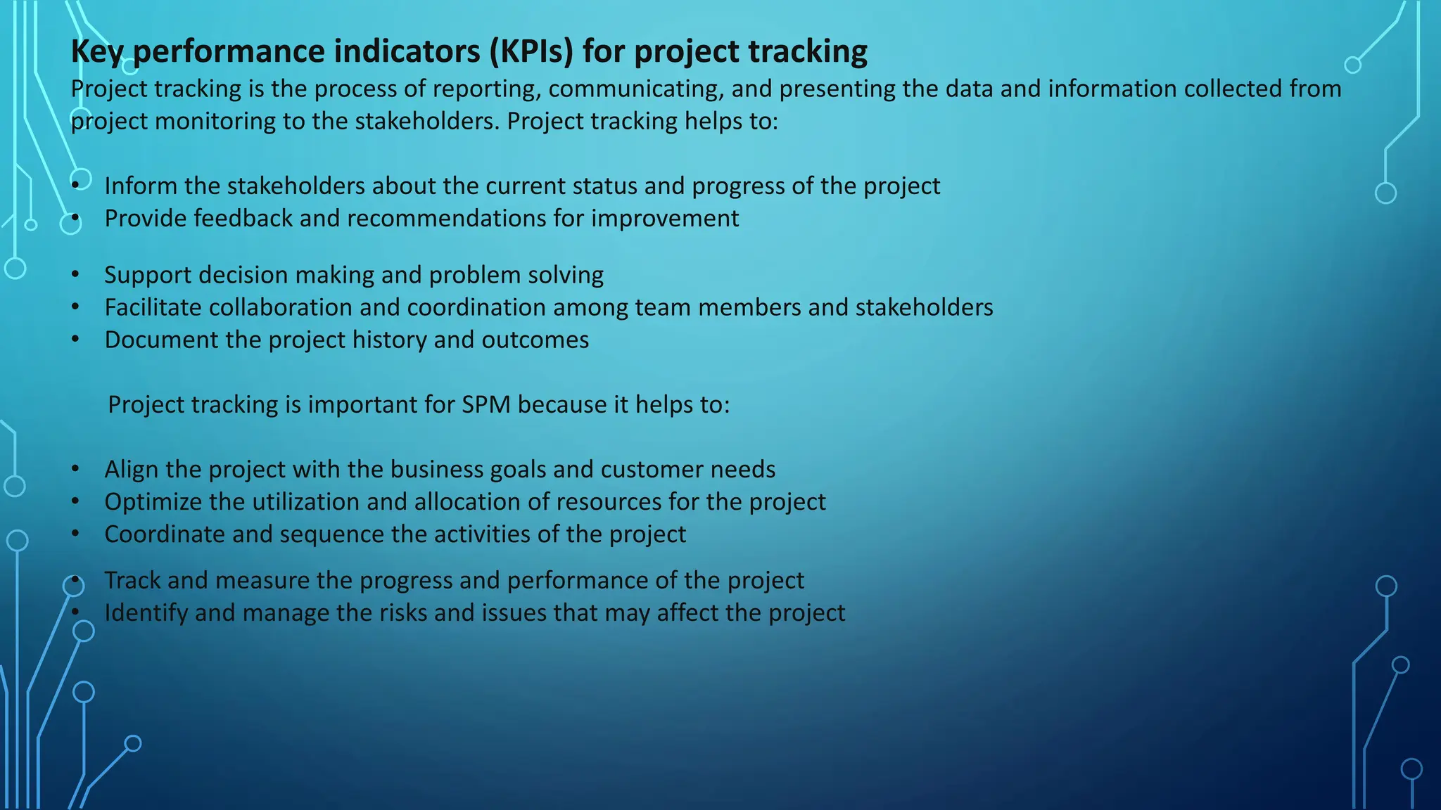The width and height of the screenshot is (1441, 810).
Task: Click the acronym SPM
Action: click(x=485, y=404)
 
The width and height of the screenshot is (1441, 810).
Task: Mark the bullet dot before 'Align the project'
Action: click(x=75, y=469)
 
